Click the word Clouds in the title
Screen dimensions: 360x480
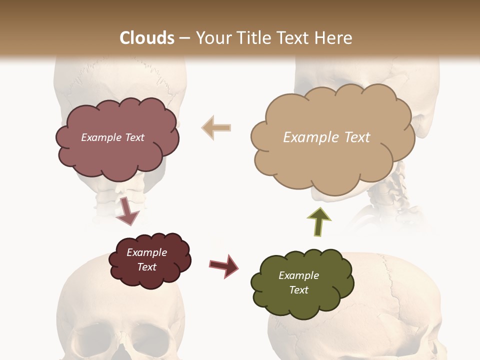pos(147,37)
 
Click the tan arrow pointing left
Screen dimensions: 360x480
pos(216,127)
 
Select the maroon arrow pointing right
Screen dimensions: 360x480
pos(224,265)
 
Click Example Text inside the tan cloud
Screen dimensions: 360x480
pos(326,137)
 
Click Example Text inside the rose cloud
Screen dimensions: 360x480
pos(112,137)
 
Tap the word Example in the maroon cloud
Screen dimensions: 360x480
pos(146,252)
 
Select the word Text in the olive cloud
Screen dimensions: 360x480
pos(298,290)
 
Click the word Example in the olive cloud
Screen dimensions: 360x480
pos(298,275)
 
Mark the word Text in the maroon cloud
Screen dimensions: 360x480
pos(146,267)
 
